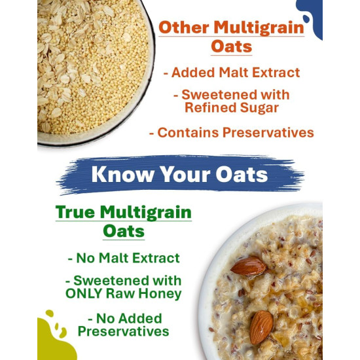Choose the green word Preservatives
click(x=124, y=332)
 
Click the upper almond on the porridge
click(x=249, y=265)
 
